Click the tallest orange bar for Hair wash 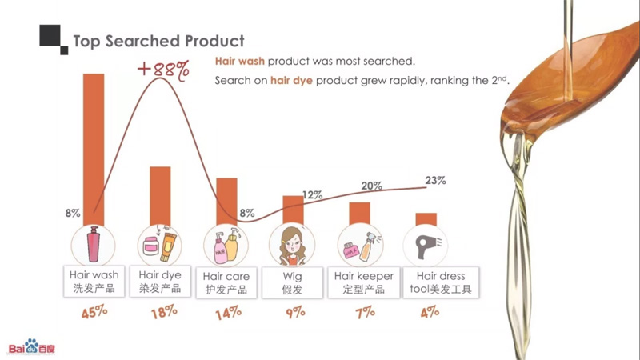coord(94,144)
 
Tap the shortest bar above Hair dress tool coord(426,219)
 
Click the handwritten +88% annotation coord(163,69)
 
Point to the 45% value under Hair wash coord(94,313)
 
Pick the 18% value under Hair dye coord(163,313)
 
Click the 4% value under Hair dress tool coord(430,311)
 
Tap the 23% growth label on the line coord(435,181)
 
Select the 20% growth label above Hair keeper coord(371,186)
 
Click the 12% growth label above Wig coord(312,195)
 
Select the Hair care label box coord(226,282)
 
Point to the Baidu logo coord(32,346)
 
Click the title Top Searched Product coord(158,41)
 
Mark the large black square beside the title coord(50,36)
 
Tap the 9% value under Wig coord(295,312)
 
